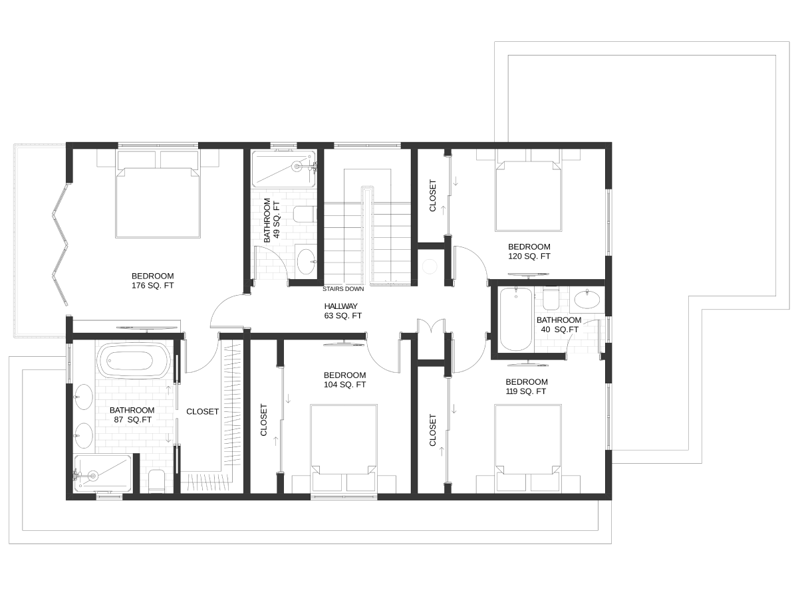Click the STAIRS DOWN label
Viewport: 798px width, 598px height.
pos(343,289)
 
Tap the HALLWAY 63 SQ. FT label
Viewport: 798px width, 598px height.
pos(343,311)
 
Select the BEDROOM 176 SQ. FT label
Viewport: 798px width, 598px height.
pos(153,280)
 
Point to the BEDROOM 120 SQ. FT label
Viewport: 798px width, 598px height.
pos(529,252)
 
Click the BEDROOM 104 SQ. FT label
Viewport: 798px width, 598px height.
pos(344,380)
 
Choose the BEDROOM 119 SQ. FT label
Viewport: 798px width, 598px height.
pos(527,387)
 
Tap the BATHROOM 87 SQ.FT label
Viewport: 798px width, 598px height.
pos(132,415)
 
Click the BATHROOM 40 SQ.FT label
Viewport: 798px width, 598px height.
pos(559,325)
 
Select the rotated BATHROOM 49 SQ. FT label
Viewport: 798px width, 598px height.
pos(272,220)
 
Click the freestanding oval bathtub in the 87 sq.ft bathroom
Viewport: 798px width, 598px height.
pos(134,361)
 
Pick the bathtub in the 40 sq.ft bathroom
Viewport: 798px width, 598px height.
pos(516,319)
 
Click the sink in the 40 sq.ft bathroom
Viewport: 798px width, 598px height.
pos(587,300)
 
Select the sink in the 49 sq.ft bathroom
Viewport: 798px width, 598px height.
pos(306,261)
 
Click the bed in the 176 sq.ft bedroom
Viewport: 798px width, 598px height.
pos(158,194)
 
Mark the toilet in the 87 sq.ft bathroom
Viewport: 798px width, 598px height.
pos(157,482)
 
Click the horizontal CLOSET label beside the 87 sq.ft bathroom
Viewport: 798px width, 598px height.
pos(203,411)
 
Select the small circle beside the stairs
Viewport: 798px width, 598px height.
pos(430,266)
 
